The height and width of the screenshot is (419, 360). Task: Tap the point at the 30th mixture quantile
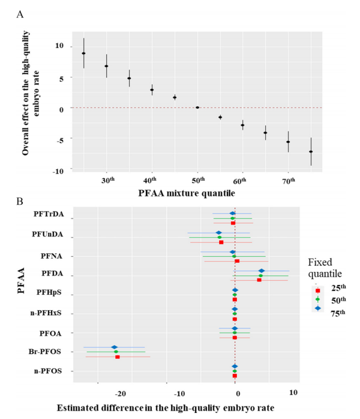pos(107,66)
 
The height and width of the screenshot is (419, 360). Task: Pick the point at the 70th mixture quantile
pos(288,142)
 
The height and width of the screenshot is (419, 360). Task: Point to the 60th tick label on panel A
pos(242,181)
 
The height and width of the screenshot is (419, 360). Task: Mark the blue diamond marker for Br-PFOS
pos(115,347)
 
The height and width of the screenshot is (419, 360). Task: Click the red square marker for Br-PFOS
pos(118,357)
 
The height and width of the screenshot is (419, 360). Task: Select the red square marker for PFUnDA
pos(221,242)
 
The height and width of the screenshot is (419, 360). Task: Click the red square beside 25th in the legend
pos(318,287)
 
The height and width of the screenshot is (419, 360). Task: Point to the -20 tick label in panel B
pos(120,393)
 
